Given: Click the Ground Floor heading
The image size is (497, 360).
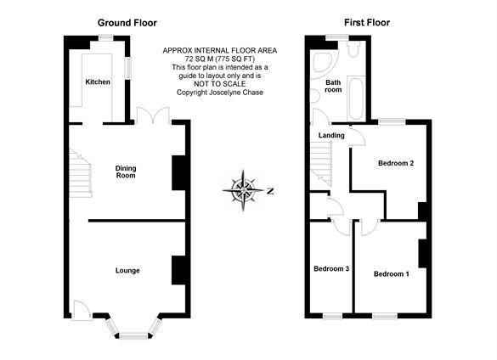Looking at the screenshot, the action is pos(127,23).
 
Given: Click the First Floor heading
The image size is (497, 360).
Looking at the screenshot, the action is pos(367,22).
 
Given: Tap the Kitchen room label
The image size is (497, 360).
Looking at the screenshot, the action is pos(98,82).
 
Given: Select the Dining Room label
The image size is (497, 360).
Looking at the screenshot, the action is pos(126,172).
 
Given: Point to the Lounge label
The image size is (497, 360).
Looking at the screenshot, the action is pos(127,270).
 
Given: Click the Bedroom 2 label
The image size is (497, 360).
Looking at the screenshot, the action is pos(396,163).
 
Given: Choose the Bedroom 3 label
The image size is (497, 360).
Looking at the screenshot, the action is pos(331,269).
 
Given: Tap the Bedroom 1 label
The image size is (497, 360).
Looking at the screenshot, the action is pos(391,273).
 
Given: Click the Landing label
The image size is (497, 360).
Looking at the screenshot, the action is pos(331,135).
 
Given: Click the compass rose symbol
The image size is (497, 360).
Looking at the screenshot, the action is pos(243,190).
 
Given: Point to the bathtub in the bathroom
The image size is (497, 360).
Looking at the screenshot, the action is pos(356,98).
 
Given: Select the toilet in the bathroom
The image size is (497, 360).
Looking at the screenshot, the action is pos(353,48).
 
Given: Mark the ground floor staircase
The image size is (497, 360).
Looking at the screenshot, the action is pos(80,173).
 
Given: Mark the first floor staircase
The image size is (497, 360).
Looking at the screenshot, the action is pos(321,162).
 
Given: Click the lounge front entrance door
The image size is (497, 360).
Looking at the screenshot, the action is pos(81,311).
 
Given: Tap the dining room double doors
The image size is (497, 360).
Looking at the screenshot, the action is pos(153,115).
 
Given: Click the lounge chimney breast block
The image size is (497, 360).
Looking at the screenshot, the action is pos(178,270).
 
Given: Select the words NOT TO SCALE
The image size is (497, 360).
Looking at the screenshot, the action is pos(220,84).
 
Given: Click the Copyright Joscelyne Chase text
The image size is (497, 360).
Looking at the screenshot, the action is pos(220,93).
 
